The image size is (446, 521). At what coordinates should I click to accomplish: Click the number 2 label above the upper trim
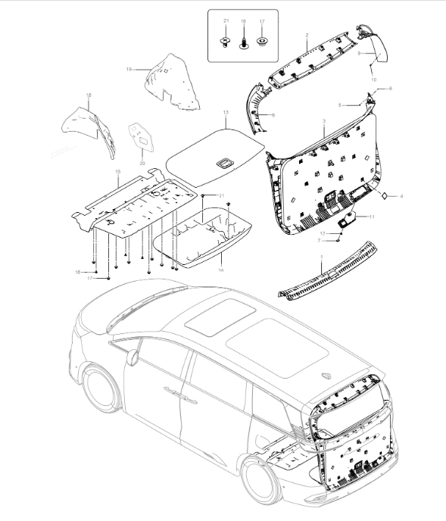click(x=307, y=36)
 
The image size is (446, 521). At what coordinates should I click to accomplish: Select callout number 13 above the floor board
click(x=225, y=112)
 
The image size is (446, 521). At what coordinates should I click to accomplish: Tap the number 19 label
click(x=129, y=69)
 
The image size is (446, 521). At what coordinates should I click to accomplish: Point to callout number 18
click(x=89, y=95)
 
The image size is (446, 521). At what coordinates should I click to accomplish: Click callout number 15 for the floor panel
click(x=117, y=173)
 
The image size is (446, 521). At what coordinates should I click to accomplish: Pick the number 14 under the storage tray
click(x=220, y=270)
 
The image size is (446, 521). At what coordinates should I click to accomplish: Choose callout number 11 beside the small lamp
click(x=371, y=217)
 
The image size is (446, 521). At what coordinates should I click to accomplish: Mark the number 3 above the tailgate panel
click(x=323, y=121)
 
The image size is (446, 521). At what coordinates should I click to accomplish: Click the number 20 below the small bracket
click(x=142, y=163)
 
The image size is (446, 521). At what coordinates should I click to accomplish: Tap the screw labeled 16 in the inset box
click(x=243, y=42)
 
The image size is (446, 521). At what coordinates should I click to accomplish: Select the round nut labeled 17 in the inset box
click(x=261, y=42)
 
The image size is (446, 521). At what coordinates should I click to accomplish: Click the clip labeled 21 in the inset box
click(x=225, y=42)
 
